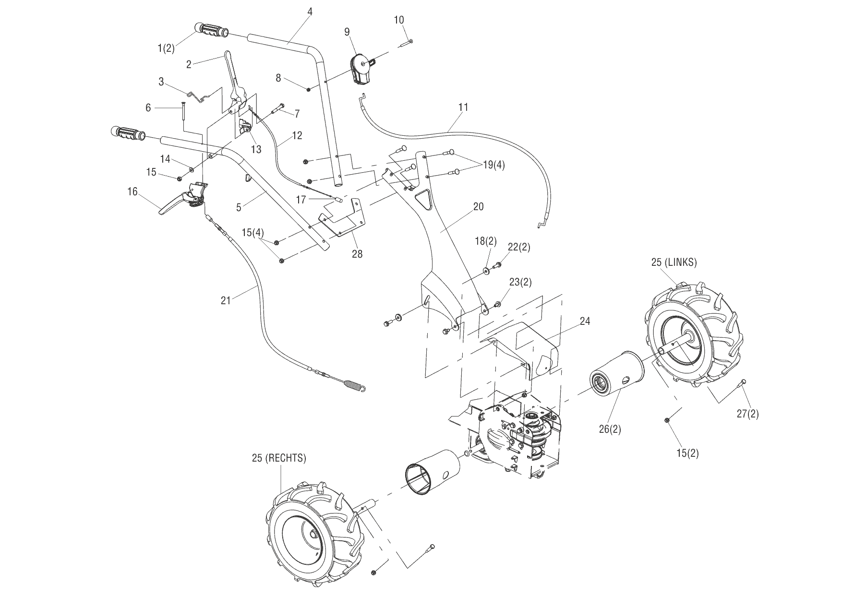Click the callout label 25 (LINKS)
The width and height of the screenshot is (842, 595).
point(674,262)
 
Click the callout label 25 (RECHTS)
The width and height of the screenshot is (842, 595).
point(279,458)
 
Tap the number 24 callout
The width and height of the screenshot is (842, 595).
point(585,321)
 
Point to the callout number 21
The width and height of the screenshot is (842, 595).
point(226,300)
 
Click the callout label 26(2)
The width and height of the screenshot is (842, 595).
point(610,429)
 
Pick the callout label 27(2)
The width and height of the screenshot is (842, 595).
point(748,413)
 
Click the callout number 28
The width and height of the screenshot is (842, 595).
point(357,254)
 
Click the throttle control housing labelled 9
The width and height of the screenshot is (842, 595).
point(362,69)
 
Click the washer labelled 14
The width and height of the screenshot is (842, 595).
point(192,169)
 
